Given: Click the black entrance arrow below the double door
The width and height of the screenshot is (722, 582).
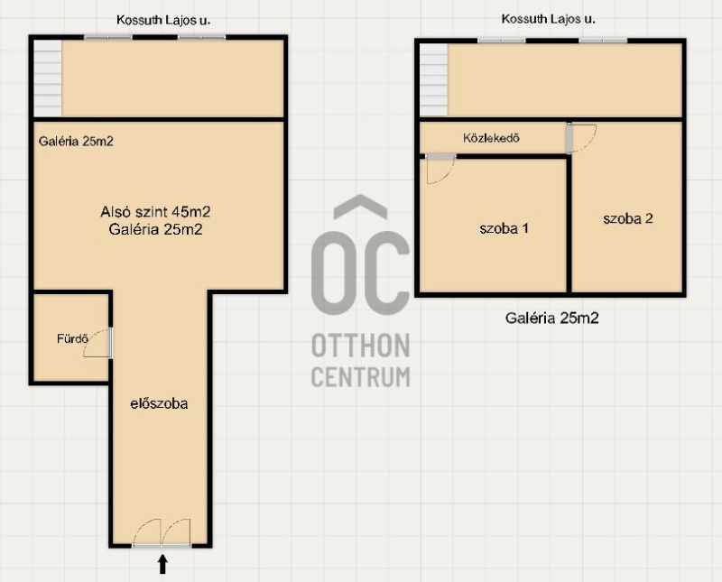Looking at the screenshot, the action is [x=162, y=565].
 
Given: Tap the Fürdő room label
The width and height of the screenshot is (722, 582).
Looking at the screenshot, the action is [x=72, y=339].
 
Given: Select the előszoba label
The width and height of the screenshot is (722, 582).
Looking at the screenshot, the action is [x=160, y=404].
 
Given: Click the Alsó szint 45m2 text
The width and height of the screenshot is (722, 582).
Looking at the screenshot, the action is [x=155, y=212].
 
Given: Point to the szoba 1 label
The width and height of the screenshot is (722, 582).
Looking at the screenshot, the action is [x=504, y=228].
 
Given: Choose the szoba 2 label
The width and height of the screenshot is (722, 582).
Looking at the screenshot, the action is [x=628, y=218].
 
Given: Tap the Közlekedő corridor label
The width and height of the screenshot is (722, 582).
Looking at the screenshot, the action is [x=491, y=138].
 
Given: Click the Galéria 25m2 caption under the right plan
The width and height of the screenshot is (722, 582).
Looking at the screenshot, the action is [x=552, y=318].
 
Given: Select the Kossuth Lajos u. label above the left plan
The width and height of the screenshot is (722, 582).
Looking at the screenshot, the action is [x=163, y=20].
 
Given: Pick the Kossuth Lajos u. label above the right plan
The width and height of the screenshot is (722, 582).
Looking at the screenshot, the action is [x=548, y=19].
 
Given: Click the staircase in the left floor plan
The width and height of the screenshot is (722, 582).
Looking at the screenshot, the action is [x=48, y=79].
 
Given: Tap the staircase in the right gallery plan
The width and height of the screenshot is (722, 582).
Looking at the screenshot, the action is [x=433, y=80].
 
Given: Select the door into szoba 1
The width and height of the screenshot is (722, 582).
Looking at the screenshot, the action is [x=440, y=169].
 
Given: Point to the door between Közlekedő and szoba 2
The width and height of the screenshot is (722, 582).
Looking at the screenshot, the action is [x=581, y=138].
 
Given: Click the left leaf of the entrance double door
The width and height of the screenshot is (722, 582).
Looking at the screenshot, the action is [x=147, y=533].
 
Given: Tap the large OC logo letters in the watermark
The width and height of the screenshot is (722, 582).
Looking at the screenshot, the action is [x=360, y=255].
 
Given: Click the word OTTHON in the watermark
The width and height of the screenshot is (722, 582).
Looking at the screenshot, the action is [x=360, y=346].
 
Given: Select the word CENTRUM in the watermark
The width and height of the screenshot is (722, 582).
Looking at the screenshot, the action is [x=360, y=376].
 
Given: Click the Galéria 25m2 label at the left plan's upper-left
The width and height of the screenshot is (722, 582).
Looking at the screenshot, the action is [x=76, y=142].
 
